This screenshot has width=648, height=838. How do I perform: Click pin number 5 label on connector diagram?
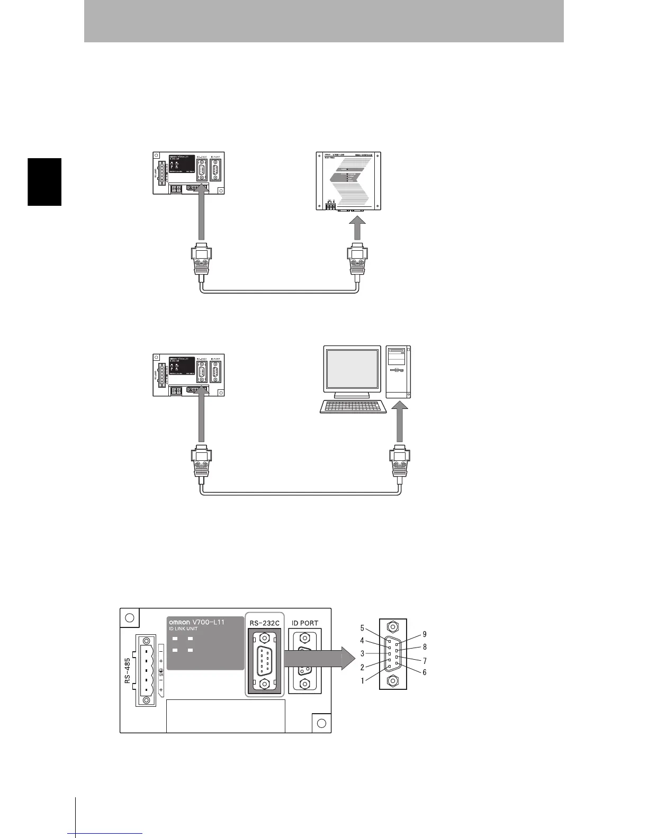coord(363,629)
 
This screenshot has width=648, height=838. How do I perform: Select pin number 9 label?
coord(425,634)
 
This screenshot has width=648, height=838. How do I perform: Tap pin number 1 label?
coord(363,681)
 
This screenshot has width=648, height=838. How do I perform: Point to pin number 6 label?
coord(425,672)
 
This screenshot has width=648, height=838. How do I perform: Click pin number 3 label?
coord(363,653)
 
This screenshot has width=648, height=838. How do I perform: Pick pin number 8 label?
coord(425,647)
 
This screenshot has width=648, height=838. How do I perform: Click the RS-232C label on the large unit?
coord(265,623)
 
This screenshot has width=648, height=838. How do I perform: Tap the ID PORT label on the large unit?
coord(305,623)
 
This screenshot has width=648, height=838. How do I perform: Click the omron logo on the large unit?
coord(179,622)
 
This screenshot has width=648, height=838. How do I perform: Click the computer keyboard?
coord(354,407)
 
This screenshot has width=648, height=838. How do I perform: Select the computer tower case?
coord(399,372)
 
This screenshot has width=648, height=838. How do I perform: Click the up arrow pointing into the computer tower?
coord(399,421)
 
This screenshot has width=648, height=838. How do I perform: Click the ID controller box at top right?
coord(348,181)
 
